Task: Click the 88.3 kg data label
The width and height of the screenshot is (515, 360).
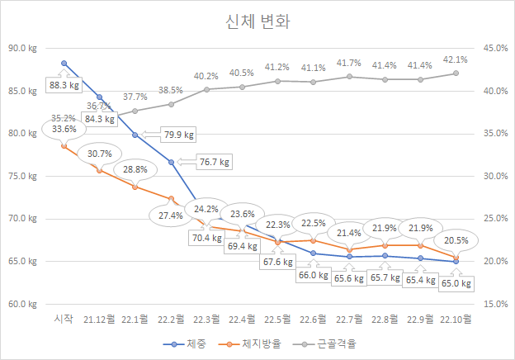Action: (64, 85)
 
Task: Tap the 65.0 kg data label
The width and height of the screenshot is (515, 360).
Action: (456, 284)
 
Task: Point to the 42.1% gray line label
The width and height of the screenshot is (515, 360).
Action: (456, 59)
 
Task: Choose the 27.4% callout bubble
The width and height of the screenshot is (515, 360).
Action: (171, 215)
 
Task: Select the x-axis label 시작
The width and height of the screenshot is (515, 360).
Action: (64, 319)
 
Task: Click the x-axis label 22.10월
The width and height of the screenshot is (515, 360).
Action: (456, 319)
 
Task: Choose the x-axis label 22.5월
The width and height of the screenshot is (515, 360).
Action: (277, 319)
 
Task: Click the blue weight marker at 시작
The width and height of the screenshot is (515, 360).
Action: (64, 63)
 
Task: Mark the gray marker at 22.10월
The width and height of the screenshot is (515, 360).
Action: (456, 73)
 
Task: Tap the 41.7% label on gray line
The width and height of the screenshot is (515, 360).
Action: (349, 63)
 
